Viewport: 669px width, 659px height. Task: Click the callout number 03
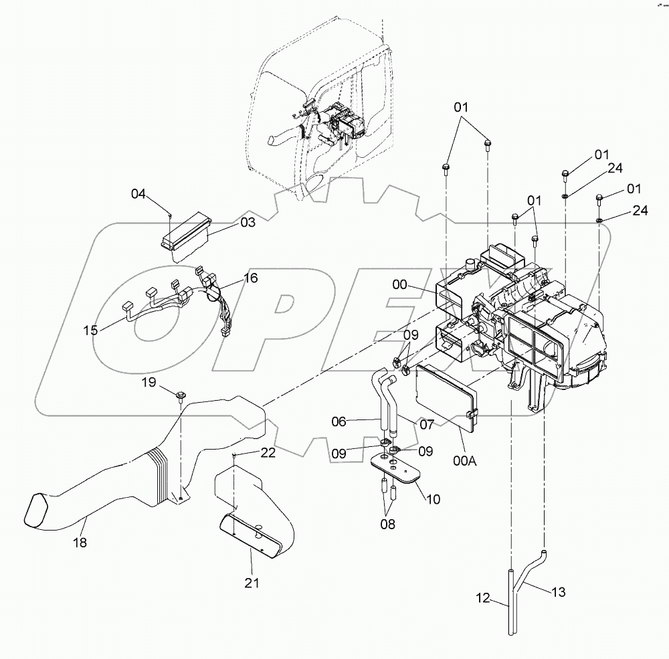[248, 222]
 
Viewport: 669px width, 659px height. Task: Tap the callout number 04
[138, 194]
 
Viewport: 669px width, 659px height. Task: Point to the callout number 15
[90, 330]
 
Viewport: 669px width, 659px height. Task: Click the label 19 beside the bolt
[149, 382]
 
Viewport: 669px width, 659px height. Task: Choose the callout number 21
[251, 583]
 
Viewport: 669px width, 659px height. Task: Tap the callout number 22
[268, 453]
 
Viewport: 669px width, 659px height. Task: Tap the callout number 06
[339, 421]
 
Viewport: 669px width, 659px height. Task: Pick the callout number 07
[427, 424]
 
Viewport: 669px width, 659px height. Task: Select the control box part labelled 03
[185, 230]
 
